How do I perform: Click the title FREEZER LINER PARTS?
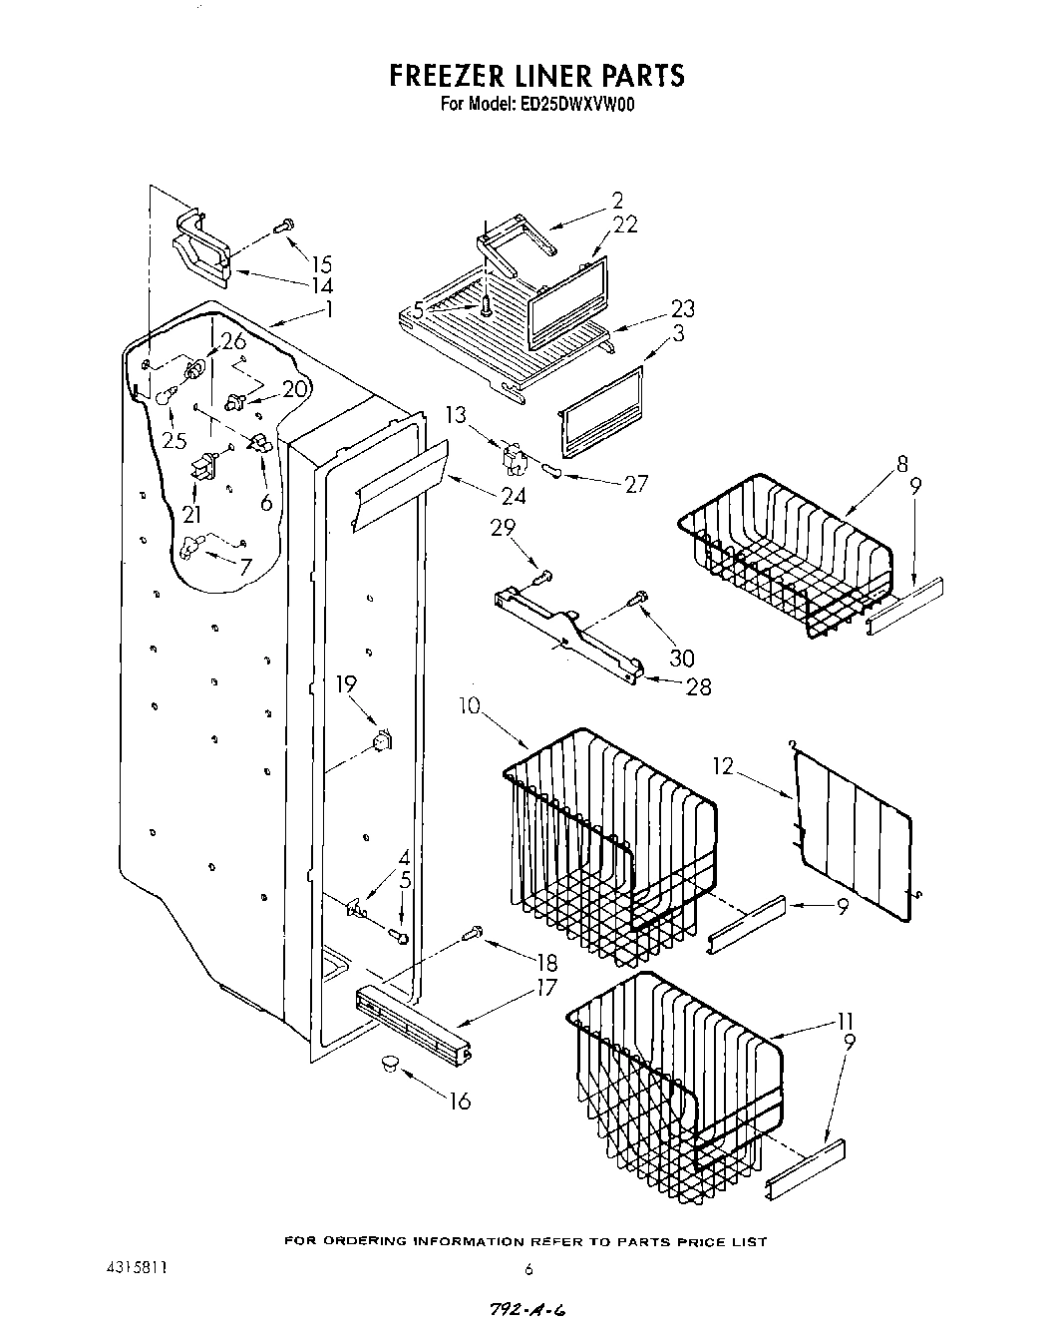point(535,76)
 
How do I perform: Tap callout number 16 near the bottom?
point(461,1101)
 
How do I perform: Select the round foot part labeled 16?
point(387,1066)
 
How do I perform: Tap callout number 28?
point(699,686)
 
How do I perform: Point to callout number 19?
point(345,684)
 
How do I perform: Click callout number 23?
point(682,308)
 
